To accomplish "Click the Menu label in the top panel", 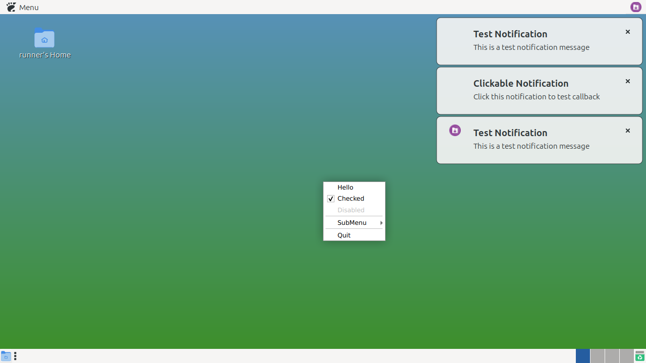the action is (29, 8).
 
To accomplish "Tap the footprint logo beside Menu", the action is (11, 7).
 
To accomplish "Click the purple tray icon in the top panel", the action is (635, 7).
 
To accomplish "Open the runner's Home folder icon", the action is (44, 38).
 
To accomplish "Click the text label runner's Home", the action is (45, 55).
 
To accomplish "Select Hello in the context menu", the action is (345, 187).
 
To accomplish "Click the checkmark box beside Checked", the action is (331, 199).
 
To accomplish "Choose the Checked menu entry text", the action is (351, 199).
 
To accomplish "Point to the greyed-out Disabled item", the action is (351, 210).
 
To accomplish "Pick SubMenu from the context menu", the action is (352, 223).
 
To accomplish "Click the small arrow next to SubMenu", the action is (381, 223).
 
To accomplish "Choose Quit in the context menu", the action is (344, 235).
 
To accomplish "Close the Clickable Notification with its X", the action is (627, 81).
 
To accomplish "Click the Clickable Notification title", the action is (521, 84).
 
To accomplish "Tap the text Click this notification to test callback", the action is (536, 97).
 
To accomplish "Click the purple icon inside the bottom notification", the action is (455, 131).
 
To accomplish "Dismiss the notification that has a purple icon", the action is (627, 131).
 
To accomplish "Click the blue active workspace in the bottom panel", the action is (583, 356).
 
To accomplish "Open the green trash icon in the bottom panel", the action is (639, 356).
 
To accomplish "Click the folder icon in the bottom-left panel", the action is (6, 356).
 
